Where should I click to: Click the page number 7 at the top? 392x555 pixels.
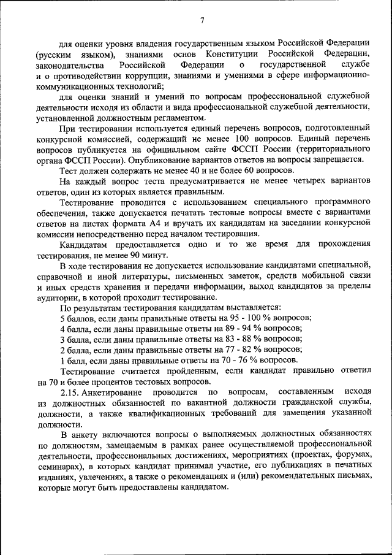click(202, 22)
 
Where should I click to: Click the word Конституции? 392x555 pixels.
click(230, 54)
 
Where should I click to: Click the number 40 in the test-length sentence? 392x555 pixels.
click(162, 170)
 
